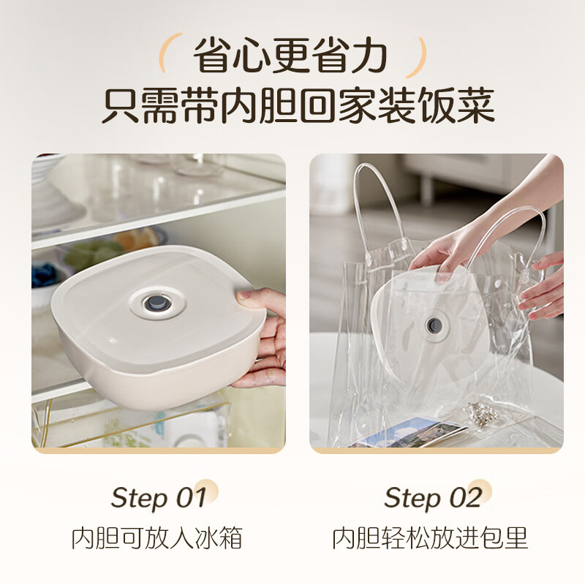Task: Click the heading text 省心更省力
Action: coord(290,56)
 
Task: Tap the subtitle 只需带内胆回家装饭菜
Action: coord(298,105)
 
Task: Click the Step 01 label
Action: coord(159,497)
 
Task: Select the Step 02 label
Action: coord(433,497)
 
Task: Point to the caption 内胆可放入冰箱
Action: coord(157,537)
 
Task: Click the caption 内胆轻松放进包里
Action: coord(430,537)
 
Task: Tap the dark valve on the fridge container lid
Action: coord(158,303)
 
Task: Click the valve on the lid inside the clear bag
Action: coord(434,325)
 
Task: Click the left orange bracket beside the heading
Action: coord(166,52)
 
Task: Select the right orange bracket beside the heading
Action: coord(419,57)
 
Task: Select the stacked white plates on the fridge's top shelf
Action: coord(48,194)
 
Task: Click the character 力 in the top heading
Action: coord(369,56)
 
